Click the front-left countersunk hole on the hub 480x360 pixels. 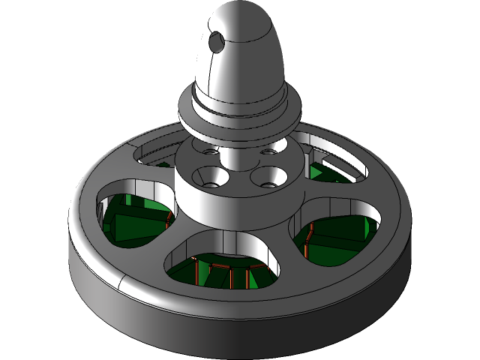pyautogui.click(x=209, y=176)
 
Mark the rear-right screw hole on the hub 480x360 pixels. pyautogui.click(x=267, y=151)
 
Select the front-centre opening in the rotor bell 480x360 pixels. pyautogui.click(x=225, y=259)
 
